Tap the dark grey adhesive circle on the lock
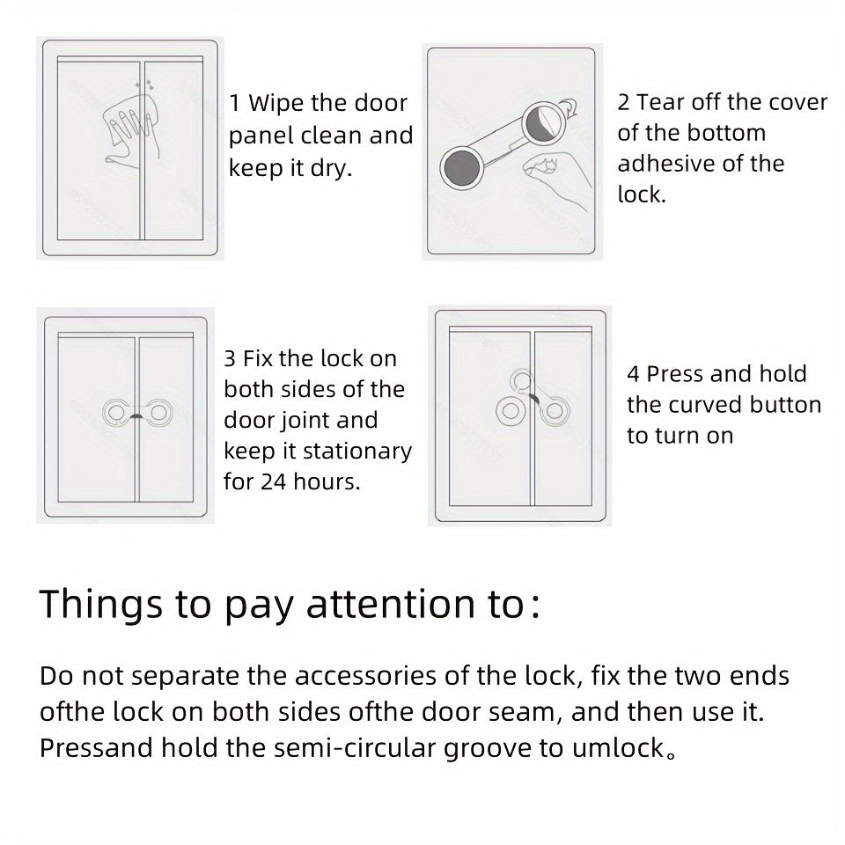pyautogui.click(x=461, y=165)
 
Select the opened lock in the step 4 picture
pyautogui.click(x=527, y=401)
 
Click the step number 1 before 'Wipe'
pyautogui.click(x=235, y=103)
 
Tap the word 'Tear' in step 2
pyautogui.click(x=662, y=102)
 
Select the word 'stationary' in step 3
pyautogui.click(x=356, y=452)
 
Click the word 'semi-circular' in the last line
pyautogui.click(x=378, y=748)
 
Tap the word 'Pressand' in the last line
pyautogui.click(x=96, y=748)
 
